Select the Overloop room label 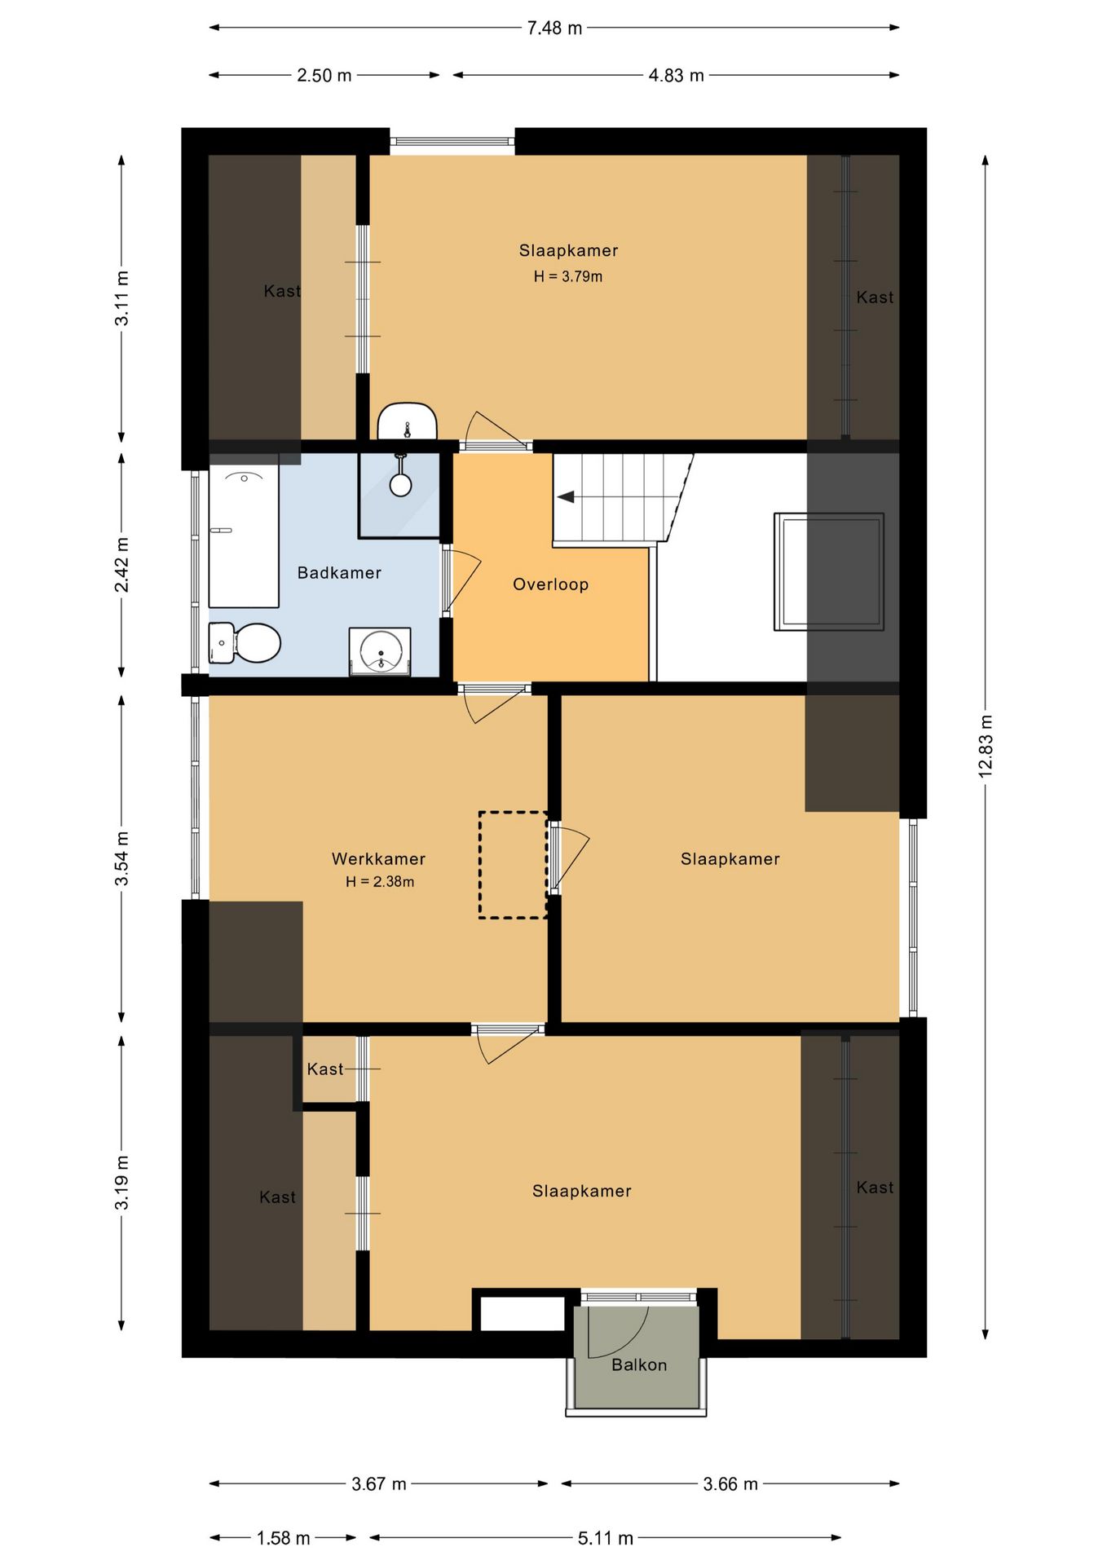[550, 584]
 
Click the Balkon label [639, 1364]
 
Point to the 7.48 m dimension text [554, 28]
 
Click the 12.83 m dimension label [986, 746]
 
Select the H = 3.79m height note [568, 276]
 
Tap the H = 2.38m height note [380, 881]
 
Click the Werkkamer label [378, 858]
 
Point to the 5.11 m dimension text [606, 1538]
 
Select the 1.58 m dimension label [284, 1538]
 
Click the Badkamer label [339, 573]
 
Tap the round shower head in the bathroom [400, 484]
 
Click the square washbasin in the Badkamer [380, 651]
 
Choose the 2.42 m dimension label [121, 565]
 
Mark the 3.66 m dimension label [730, 1483]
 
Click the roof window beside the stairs [829, 571]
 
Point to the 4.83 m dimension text [676, 75]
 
